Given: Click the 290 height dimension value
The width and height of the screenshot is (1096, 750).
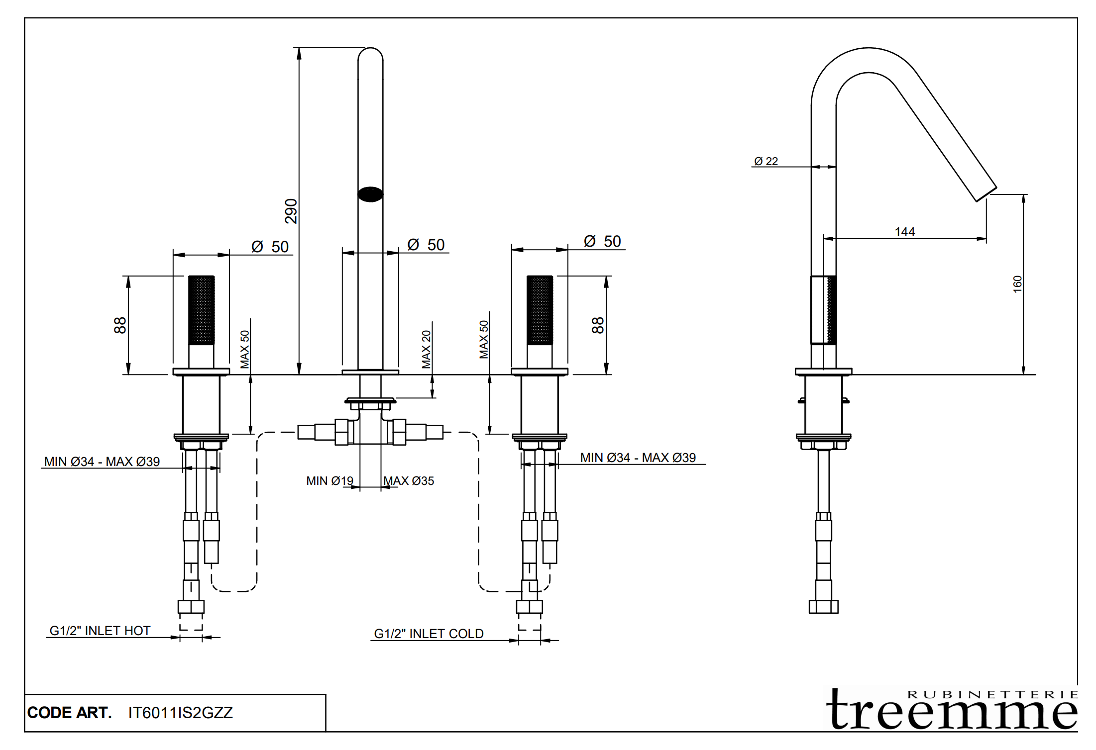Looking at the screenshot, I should [291, 211].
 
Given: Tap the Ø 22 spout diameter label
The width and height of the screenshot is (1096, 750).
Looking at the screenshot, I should [766, 161].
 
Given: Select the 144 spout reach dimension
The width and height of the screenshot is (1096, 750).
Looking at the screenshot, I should [904, 232].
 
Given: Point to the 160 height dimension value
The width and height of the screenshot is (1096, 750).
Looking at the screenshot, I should [1017, 284].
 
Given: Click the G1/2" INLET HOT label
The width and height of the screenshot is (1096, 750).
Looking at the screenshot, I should [100, 631].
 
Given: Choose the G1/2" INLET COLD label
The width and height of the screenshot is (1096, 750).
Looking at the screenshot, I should [429, 634].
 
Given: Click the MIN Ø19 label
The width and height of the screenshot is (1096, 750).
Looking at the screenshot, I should [329, 481].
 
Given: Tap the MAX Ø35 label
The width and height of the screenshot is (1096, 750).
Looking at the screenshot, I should [409, 481].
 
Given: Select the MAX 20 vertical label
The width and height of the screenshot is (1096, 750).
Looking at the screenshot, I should [426, 349].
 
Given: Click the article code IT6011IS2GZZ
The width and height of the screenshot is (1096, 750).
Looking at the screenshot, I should [180, 713].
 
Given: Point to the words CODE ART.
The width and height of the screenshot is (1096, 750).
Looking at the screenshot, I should [69, 713].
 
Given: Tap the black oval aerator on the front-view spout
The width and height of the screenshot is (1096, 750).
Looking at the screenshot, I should [370, 194].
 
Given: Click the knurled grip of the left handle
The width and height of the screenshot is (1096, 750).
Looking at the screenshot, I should [201, 310].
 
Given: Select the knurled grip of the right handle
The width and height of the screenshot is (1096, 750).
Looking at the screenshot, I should [540, 310].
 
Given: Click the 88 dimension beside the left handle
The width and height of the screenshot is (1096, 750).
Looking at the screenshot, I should [120, 325].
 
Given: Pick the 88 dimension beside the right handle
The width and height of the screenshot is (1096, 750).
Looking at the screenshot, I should [597, 325].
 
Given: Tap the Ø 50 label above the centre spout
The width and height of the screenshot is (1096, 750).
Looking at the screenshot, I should [426, 245].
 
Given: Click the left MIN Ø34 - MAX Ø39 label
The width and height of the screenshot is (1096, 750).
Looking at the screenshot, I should [102, 462].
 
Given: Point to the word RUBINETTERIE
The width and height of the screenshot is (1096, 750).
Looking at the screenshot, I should [992, 694].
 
